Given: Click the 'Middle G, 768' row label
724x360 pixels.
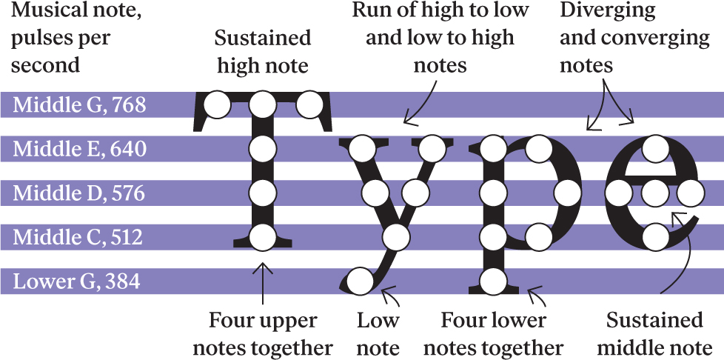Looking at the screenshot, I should click(81, 106).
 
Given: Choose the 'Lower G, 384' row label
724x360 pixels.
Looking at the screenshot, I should click(78, 282).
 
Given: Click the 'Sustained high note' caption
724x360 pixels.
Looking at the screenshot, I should click(262, 52).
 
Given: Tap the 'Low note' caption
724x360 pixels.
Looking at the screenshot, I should click(378, 334).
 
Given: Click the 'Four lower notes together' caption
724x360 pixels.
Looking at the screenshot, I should click(493, 334).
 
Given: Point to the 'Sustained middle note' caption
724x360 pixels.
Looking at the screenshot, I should click(654, 334).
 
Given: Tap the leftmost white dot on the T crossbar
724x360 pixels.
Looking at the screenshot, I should click(217, 105).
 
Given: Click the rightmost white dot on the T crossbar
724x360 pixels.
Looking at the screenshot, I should click(309, 105).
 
